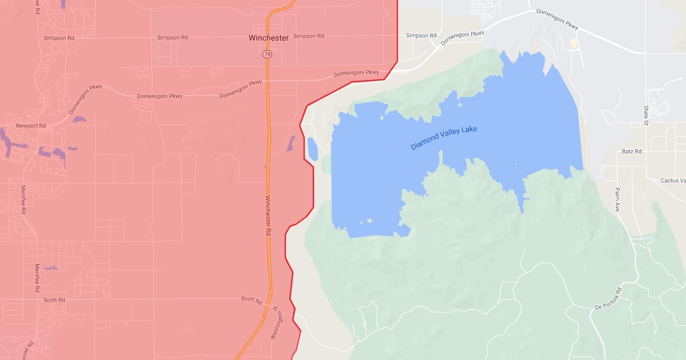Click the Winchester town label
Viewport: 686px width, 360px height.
[x=268, y=38]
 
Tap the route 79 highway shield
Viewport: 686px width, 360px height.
[x=268, y=54]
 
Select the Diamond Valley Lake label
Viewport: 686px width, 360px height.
[x=444, y=138]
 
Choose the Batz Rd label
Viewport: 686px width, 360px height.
[x=632, y=151]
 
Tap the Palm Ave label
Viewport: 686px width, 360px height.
[x=617, y=199]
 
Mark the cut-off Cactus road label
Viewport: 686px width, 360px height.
[x=673, y=181]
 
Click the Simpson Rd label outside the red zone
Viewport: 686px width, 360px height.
[x=421, y=35]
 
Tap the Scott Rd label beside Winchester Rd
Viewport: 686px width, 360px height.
[x=252, y=299]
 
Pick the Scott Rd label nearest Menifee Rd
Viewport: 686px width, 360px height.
[x=54, y=299]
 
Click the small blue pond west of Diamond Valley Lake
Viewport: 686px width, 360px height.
[x=313, y=149]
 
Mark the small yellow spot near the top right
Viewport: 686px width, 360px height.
[x=573, y=43]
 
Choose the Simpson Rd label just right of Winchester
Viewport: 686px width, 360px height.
[x=309, y=36]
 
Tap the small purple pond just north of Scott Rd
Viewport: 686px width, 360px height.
[x=51, y=267]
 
